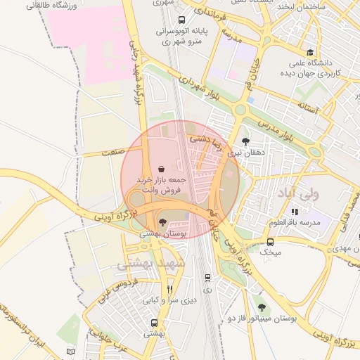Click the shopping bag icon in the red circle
pyautogui.click(x=163, y=169)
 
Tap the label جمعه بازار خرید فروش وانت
pyautogui.click(x=163, y=185)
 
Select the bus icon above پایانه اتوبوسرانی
pyautogui.click(x=182, y=20)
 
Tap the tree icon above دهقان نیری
pyautogui.click(x=245, y=141)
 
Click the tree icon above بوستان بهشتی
pyautogui.click(x=163, y=222)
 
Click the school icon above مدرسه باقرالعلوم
pyautogui.click(x=294, y=212)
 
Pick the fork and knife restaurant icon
pyautogui.click(x=169, y=289)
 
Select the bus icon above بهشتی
pyautogui.click(x=154, y=323)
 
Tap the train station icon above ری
pyautogui.click(x=207, y=278)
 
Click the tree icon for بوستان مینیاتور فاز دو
pyautogui.click(x=262, y=307)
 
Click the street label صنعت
pyautogui.click(x=111, y=151)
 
